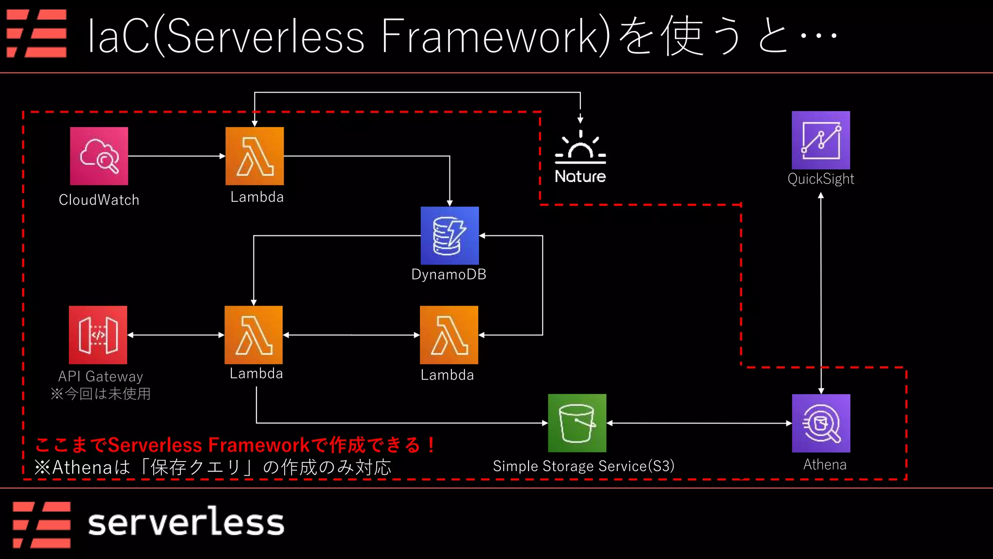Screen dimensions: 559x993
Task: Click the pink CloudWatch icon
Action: click(99, 156)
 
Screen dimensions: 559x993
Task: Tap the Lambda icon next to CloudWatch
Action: click(255, 156)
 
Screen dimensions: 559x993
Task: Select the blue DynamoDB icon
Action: click(449, 235)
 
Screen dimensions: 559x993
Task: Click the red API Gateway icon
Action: click(98, 335)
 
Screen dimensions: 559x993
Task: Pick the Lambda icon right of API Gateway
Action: click(254, 335)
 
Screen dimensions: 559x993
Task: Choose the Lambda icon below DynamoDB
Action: click(449, 335)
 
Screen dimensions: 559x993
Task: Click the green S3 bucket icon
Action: click(577, 423)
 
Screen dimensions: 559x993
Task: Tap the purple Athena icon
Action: click(821, 423)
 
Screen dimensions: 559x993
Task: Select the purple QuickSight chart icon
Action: click(821, 140)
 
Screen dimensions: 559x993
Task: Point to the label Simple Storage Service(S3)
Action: click(583, 466)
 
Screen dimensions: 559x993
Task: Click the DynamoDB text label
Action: click(448, 274)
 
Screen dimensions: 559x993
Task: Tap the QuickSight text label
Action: click(821, 179)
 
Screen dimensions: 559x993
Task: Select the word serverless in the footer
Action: click(186, 523)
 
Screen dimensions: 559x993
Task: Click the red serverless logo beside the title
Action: click(36, 33)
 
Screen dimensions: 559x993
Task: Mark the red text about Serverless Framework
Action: click(235, 444)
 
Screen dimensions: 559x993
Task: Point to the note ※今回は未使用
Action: click(100, 394)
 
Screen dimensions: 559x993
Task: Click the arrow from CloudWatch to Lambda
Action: click(176, 156)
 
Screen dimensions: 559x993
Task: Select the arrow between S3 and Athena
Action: click(699, 423)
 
